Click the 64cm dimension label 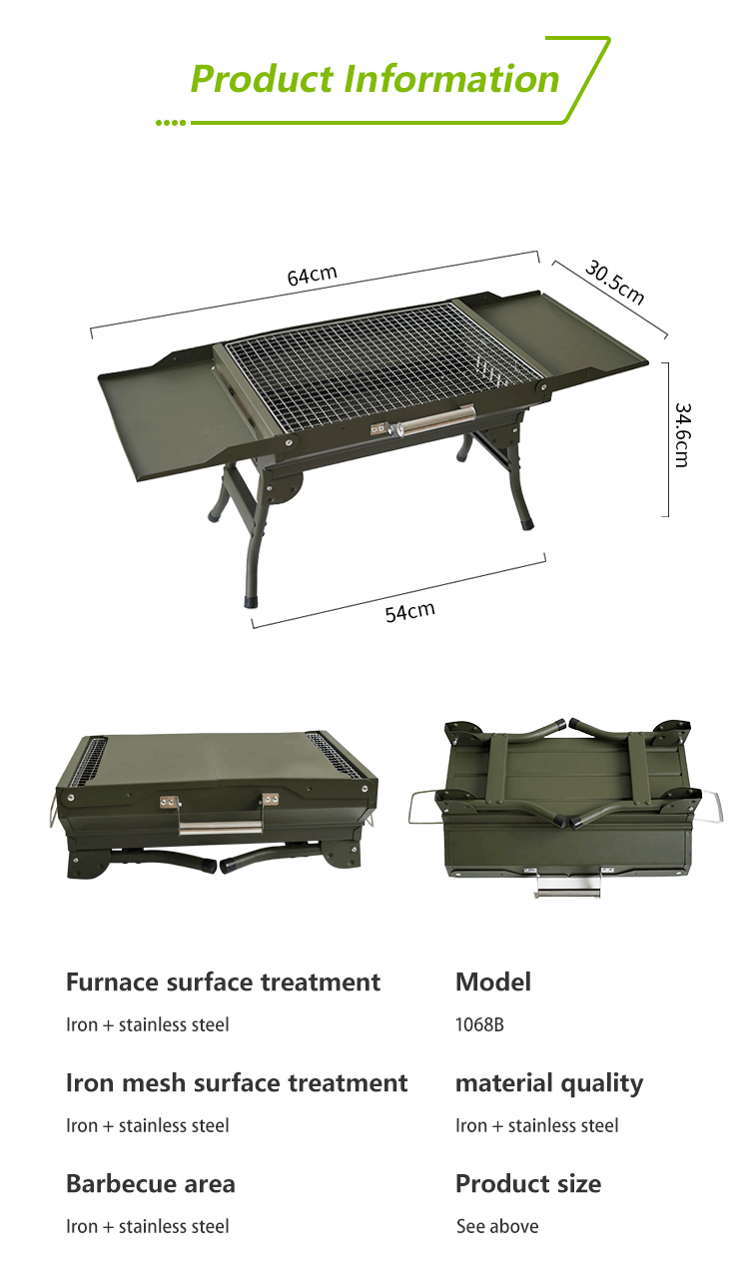tap(312, 276)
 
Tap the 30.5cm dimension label tap(615, 282)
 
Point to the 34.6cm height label tap(682, 435)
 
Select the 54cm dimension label tap(410, 612)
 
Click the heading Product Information tap(374, 78)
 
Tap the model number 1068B tap(479, 1024)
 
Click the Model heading tap(493, 981)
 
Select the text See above tap(497, 1226)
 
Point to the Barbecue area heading tap(151, 1184)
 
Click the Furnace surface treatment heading tap(223, 981)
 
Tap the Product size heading tap(528, 1184)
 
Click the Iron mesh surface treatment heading tap(237, 1082)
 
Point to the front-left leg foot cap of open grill tap(251, 601)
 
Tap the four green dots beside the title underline tap(171, 123)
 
